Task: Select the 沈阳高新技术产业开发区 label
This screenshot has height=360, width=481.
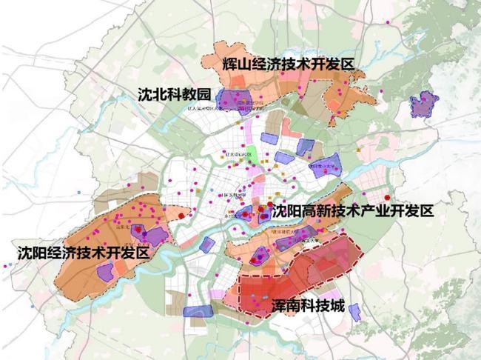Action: [x=351, y=212]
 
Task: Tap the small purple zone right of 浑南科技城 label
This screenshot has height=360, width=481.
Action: [x=357, y=311]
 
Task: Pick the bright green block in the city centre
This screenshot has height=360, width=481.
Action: [x=254, y=157]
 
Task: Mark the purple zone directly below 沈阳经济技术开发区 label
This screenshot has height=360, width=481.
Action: [x=106, y=270]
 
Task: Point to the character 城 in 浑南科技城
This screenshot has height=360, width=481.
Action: [x=337, y=305]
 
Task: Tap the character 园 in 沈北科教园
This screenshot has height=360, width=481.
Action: [x=205, y=94]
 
